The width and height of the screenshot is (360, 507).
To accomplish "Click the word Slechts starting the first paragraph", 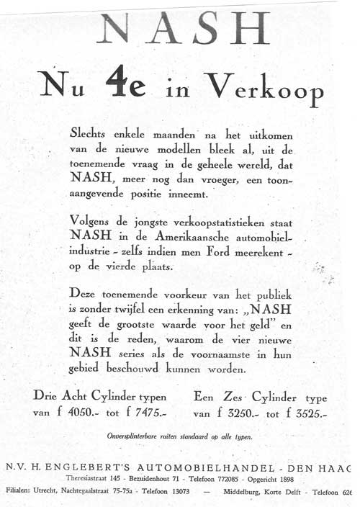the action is pos(93,135).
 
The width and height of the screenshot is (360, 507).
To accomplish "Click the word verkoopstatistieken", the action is pos(209,221).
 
